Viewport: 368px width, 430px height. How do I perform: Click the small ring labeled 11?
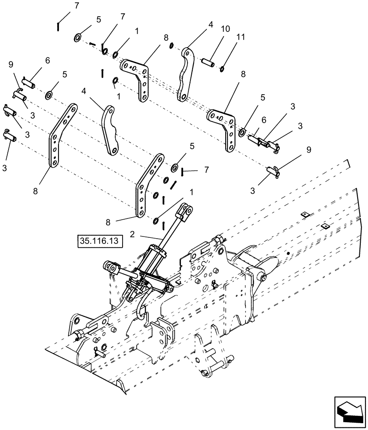click(x=222, y=67)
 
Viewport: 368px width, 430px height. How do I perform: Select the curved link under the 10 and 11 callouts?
click(x=186, y=75)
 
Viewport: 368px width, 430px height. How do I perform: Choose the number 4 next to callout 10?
click(x=211, y=25)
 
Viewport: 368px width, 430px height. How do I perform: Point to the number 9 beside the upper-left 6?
click(x=11, y=64)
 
